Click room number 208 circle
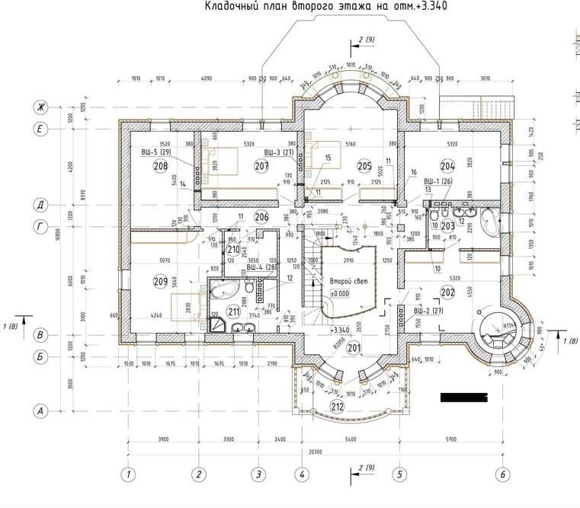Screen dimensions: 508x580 160,167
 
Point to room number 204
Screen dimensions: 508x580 447,166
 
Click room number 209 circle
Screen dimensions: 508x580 160,282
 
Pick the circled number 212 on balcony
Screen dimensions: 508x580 338,406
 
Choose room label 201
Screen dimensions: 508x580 353,349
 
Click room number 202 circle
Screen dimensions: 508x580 447,292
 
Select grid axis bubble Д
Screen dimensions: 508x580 38,204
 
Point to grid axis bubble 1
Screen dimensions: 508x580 130,474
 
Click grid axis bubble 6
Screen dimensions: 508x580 501,474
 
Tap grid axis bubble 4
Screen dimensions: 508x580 302,474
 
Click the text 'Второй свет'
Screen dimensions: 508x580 349,281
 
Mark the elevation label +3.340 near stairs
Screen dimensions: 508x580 340,330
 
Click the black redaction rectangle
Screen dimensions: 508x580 463,397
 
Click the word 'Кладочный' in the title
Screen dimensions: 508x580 231,8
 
